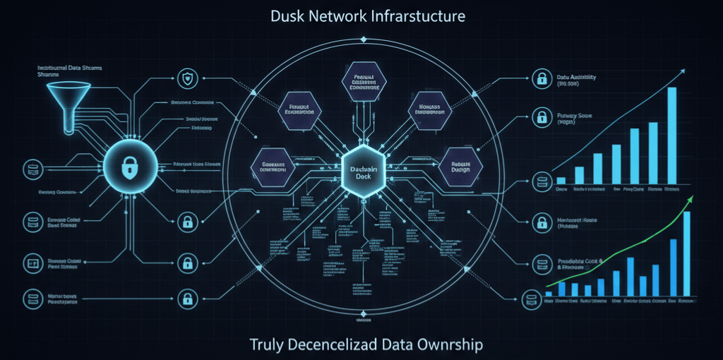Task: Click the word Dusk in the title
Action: (287, 15)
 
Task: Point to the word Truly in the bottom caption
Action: (266, 344)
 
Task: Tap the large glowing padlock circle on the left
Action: (129, 167)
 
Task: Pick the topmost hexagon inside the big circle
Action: (361, 83)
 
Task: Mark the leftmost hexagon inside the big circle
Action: (273, 167)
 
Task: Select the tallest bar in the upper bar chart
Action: (671, 134)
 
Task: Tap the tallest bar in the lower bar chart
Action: (686, 253)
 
